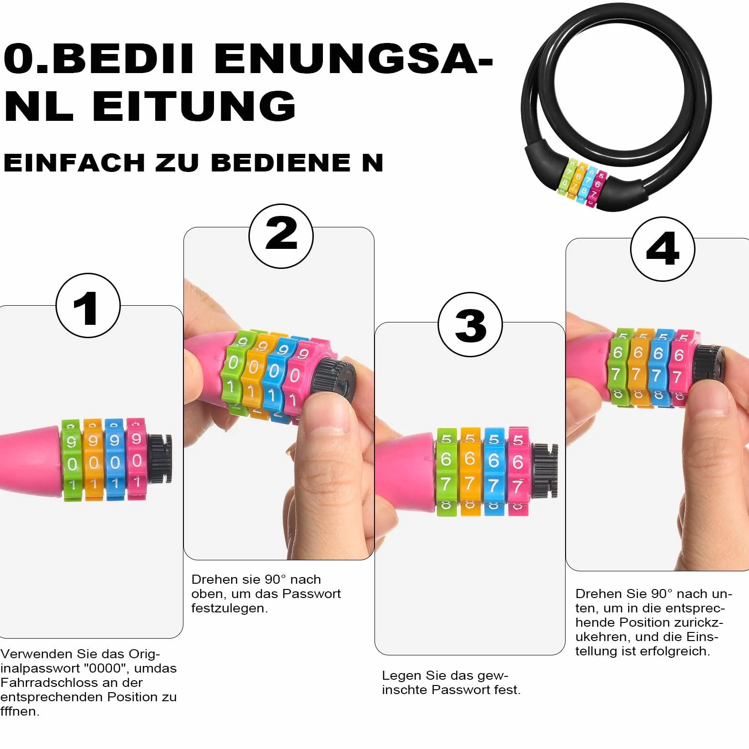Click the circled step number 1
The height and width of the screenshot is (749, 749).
pyautogui.click(x=88, y=306)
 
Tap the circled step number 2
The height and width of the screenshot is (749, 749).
pyautogui.click(x=281, y=236)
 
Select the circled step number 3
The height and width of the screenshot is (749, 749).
pyautogui.click(x=471, y=325)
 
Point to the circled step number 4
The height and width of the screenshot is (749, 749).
pyautogui.click(x=663, y=249)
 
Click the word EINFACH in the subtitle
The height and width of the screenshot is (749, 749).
pyautogui.click(x=74, y=163)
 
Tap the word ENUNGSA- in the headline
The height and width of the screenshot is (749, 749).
pyautogui.click(x=353, y=59)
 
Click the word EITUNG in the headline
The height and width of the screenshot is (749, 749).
pyautogui.click(x=194, y=106)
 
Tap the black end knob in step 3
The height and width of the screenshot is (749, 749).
pyautogui.click(x=544, y=470)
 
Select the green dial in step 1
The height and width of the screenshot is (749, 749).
pyautogui.click(x=72, y=460)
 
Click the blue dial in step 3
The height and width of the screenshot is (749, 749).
pyautogui.click(x=494, y=471)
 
